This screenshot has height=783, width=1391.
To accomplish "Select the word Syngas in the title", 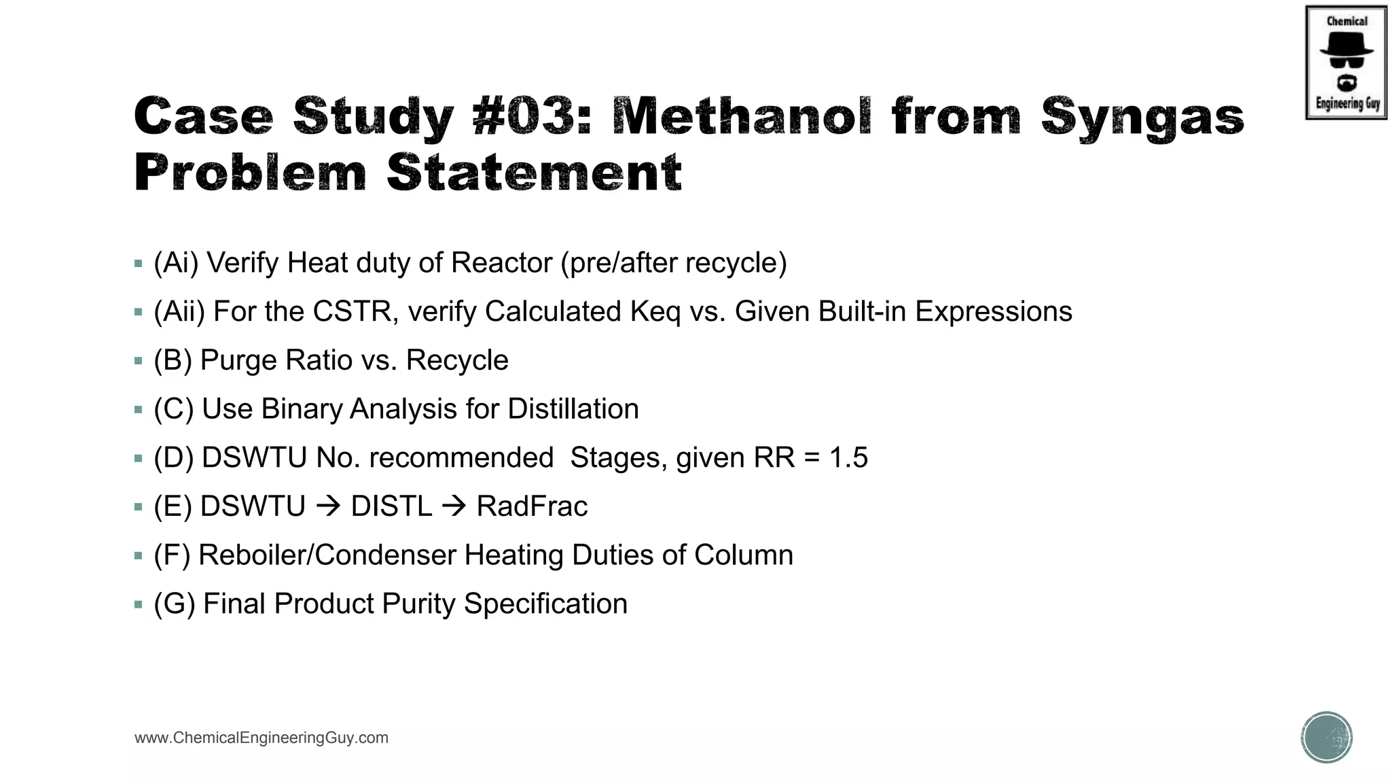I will pos(1142,116).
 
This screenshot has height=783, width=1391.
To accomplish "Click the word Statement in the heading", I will pos(534,173).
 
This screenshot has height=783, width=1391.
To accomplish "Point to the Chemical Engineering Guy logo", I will pos(1346,63).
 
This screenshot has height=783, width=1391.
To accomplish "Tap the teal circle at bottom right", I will pos(1326,737).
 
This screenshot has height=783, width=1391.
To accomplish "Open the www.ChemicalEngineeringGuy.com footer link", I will pos(261,738).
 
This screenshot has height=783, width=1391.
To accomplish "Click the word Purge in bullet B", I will pos(234,360).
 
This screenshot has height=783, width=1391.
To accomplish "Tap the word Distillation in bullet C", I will pos(573,409).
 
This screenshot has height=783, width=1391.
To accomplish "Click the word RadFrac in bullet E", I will pos(532,506).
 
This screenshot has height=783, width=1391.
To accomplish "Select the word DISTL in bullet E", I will pos(391,506).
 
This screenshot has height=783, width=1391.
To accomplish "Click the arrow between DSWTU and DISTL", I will pos(328,507).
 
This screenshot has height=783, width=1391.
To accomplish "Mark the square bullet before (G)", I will pos(139,604).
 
